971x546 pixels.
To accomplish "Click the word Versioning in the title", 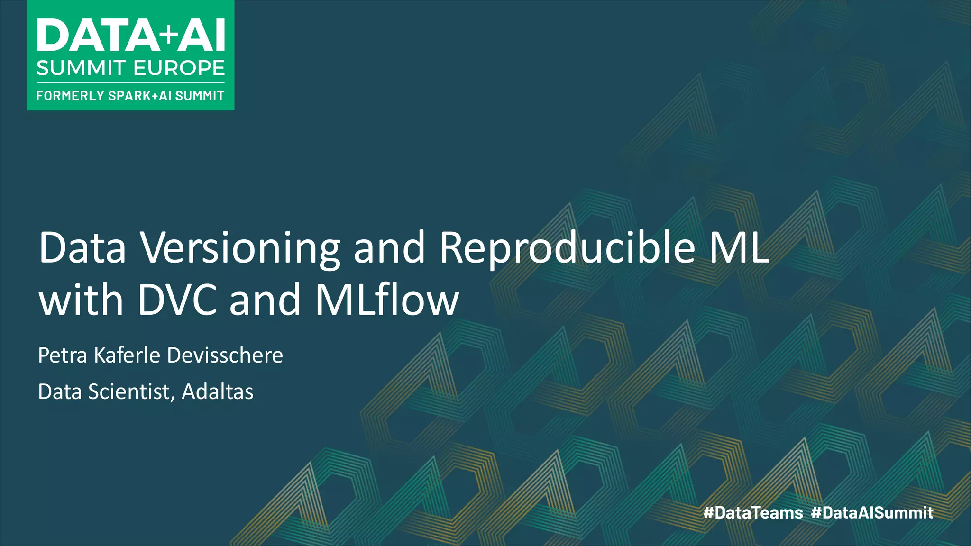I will [240, 248].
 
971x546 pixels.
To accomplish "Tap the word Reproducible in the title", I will [567, 248].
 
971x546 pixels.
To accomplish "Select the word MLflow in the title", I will [387, 300].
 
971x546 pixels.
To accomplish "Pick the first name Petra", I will [63, 355].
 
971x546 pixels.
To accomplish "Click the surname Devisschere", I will [225, 355].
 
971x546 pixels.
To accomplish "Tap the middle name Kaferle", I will [127, 355].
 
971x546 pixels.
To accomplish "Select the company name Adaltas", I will [218, 391].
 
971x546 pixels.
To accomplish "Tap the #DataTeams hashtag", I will [753, 512].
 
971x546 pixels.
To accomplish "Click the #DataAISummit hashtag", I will [872, 512].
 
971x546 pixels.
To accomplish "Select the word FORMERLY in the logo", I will [70, 96].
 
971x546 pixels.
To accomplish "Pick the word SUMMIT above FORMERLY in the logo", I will [81, 68].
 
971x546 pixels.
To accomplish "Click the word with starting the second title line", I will [81, 300].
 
